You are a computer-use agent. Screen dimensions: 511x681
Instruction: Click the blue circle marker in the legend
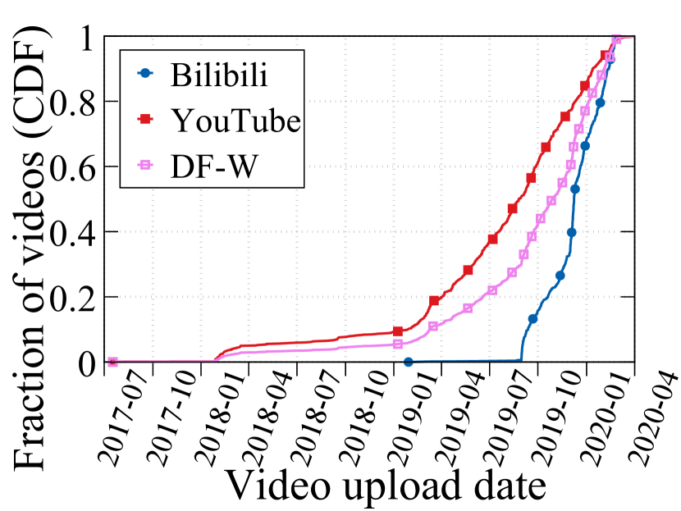point(145,73)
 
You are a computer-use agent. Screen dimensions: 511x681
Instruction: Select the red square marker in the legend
point(145,119)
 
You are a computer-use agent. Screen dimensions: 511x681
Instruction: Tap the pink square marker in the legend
point(145,165)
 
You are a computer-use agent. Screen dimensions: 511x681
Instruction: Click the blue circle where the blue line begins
point(409,362)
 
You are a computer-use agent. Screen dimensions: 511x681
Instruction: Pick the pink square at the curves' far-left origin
point(112,362)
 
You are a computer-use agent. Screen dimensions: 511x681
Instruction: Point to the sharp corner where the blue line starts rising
point(521,358)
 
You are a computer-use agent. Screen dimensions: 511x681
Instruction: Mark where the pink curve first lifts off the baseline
point(215,360)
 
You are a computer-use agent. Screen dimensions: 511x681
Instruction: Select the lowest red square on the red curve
point(398,331)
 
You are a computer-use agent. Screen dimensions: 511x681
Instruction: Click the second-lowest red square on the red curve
point(434,301)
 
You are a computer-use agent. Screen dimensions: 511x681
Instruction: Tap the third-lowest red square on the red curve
point(468,270)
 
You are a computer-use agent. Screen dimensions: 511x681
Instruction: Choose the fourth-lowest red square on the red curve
point(492,240)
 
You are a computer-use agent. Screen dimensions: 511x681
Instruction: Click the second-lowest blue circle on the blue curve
point(532,318)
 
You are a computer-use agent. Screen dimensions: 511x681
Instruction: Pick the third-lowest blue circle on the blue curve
point(560,276)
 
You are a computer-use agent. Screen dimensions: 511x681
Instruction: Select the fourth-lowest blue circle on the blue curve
point(572,232)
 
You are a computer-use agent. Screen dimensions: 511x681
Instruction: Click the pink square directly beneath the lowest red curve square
point(398,344)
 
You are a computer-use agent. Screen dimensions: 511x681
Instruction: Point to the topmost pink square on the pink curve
point(617,39)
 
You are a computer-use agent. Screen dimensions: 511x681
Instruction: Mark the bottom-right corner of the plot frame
point(636,362)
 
